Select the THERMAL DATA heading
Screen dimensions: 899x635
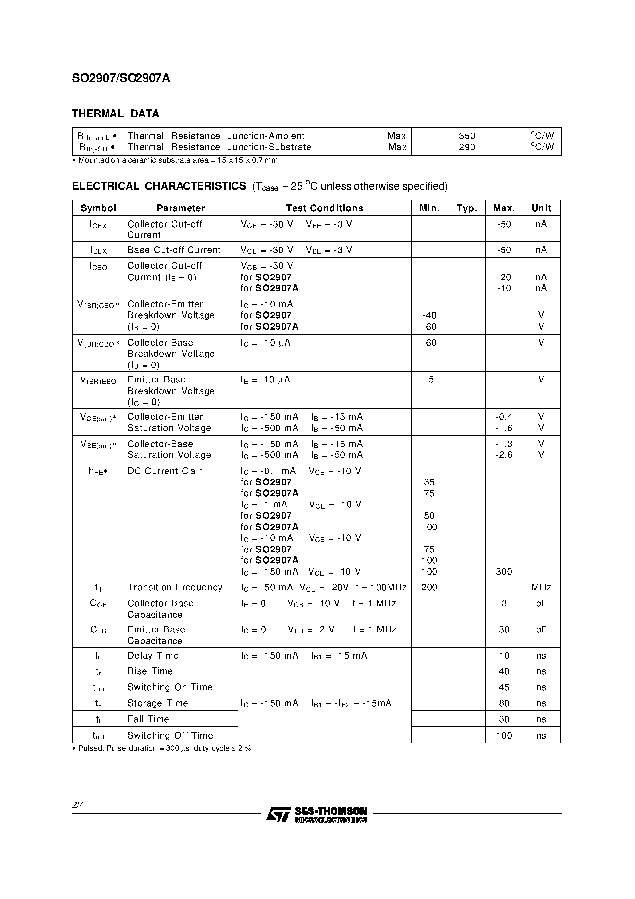pos(116,114)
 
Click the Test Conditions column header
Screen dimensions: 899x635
pos(324,208)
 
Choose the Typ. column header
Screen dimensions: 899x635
pos(467,208)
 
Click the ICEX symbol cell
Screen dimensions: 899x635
pos(98,225)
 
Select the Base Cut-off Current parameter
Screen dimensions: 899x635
pos(174,250)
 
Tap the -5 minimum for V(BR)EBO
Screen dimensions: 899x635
pos(429,379)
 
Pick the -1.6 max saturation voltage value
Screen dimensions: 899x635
pos(503,428)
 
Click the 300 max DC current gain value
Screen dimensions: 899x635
pos(503,572)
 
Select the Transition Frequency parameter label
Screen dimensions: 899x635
pos(175,587)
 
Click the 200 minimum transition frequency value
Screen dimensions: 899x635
pos(429,587)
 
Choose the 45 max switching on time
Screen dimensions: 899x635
pos(504,687)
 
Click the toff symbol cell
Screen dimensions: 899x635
pos(98,736)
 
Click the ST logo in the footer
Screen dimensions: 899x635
pos(278,814)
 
